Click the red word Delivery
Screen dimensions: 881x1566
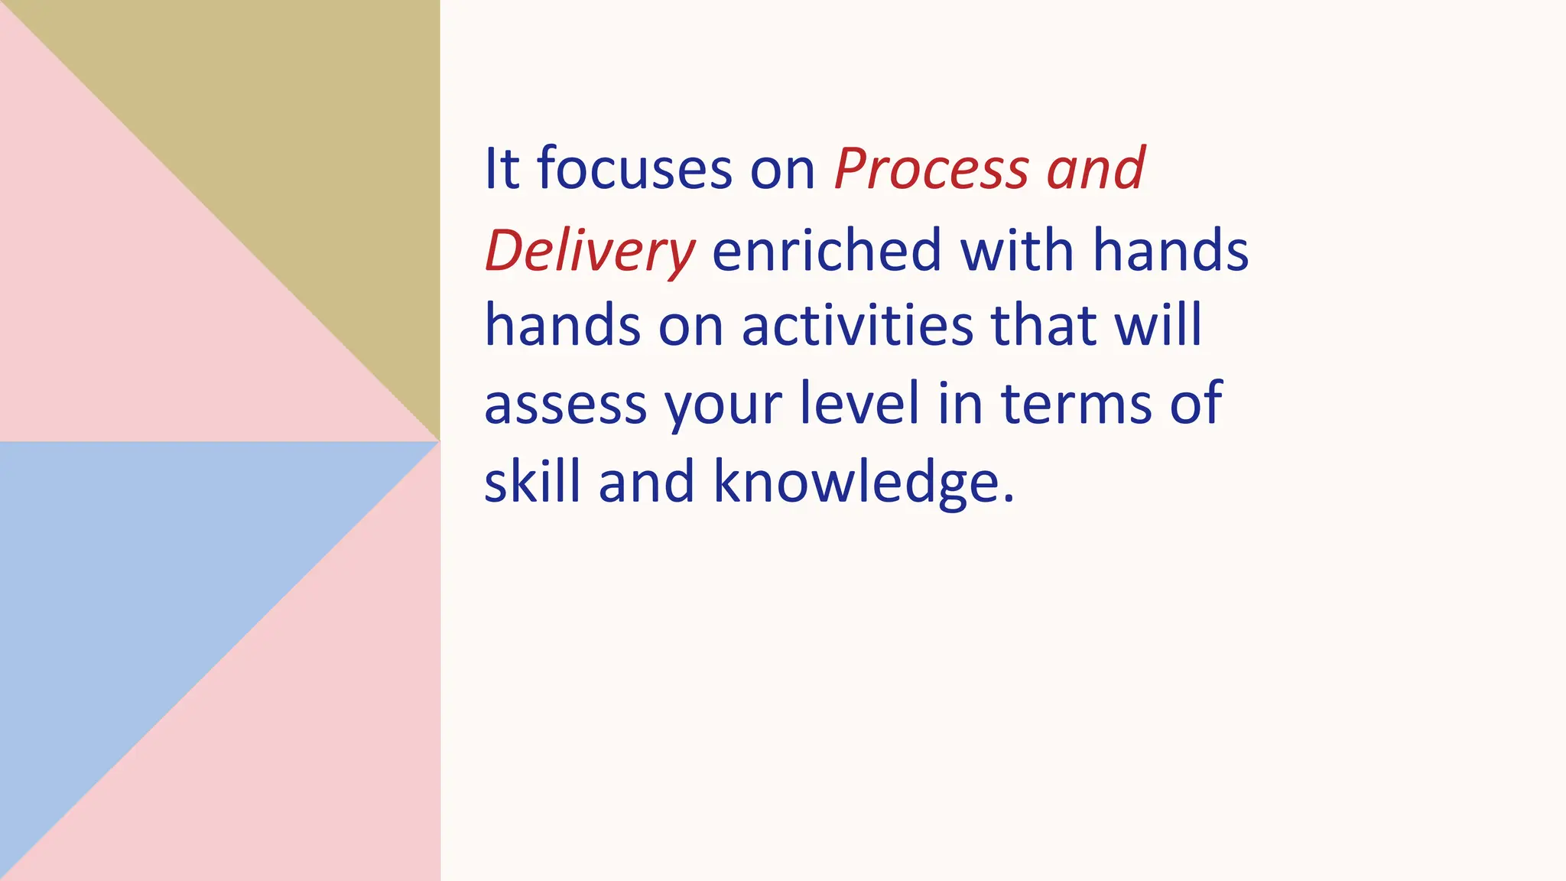click(590, 251)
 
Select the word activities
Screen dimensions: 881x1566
click(857, 325)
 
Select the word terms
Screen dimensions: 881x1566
click(1077, 404)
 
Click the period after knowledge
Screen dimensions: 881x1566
click(1009, 499)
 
